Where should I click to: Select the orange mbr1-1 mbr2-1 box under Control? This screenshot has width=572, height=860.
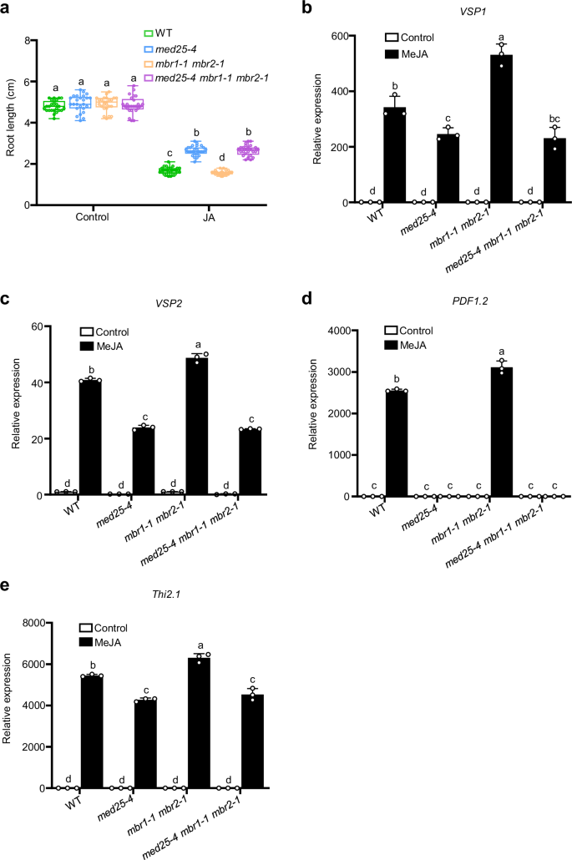point(106,103)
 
